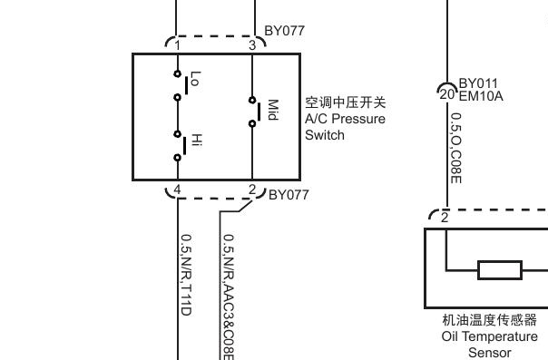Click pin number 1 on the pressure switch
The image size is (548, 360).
pos(178,45)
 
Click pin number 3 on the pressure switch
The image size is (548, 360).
pos(251,45)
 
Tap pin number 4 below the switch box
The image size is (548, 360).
pos(178,190)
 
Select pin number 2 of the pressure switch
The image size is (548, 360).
pos(251,190)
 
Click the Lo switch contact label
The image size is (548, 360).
pos(193,80)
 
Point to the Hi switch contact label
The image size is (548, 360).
pos(194,142)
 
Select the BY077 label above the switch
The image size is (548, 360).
pos(284,31)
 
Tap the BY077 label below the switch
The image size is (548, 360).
pos(289,194)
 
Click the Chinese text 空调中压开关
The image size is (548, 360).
pos(346,102)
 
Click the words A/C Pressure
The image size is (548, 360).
pos(345,119)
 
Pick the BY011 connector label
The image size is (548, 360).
pos(478,83)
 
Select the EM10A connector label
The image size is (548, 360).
pos(480,96)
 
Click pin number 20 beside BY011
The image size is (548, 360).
pos(445,93)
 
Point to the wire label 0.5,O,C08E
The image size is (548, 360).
pos(456,147)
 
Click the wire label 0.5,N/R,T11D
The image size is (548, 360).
pos(185,275)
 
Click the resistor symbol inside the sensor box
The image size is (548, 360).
pos(499,269)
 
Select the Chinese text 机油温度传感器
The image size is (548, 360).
pos(489,320)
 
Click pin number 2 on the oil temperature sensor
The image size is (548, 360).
pos(445,218)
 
